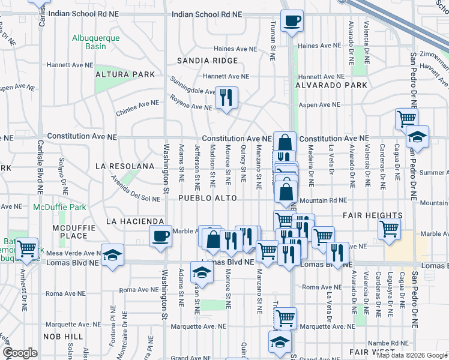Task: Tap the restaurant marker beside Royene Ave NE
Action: pos(226,97)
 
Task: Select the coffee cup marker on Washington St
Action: pos(160,236)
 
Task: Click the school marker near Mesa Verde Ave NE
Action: pos(112,254)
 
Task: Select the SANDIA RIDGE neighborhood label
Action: pos(207,61)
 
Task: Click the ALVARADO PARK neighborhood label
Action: pos(331,85)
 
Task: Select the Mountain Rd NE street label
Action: pos(322,200)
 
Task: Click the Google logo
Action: pos(20,353)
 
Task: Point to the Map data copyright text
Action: pos(411,355)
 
